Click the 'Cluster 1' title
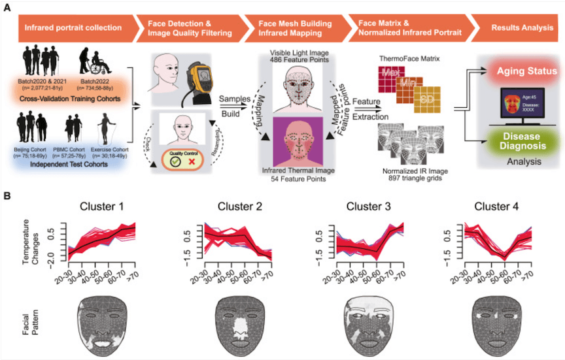[103, 207]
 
